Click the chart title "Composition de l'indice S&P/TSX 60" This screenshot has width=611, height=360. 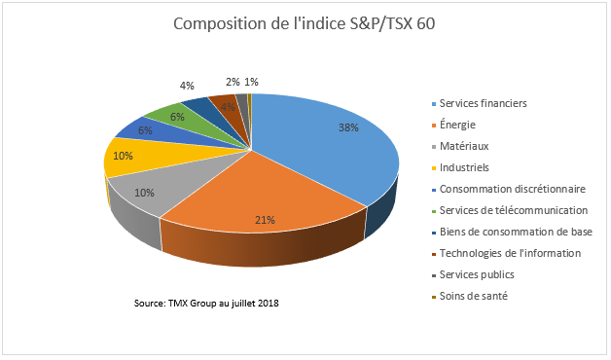[305, 23]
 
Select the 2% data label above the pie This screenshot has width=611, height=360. [233, 82]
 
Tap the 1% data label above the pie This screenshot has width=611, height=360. [252, 82]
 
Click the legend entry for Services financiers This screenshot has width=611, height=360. [485, 103]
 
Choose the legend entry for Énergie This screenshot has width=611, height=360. [458, 125]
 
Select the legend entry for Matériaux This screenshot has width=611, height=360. [463, 146]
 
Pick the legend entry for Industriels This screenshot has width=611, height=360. [464, 167]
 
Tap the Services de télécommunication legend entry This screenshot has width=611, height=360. [513, 210]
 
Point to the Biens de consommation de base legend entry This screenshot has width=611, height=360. [516, 232]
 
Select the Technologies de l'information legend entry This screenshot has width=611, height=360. [510, 253]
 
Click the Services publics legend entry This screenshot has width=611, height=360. [476, 274]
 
